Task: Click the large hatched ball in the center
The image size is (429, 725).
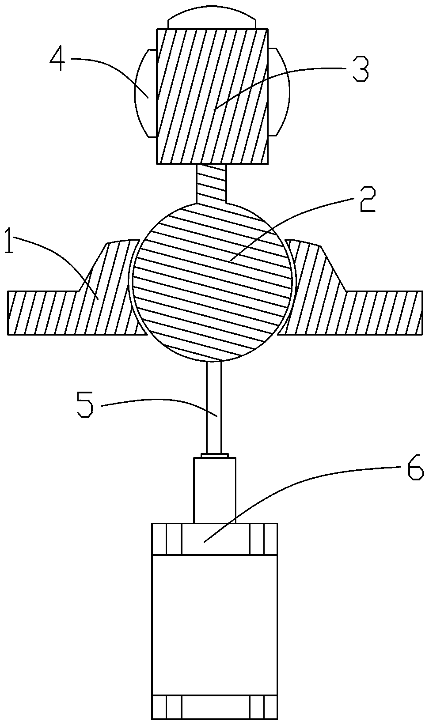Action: [x=211, y=283]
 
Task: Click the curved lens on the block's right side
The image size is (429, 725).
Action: [x=279, y=94]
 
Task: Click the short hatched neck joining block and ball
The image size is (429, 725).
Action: [x=212, y=183]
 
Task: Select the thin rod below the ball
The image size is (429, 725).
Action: [x=214, y=406]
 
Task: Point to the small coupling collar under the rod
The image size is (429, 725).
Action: [x=215, y=455]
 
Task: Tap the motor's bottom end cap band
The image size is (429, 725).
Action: [x=215, y=706]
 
